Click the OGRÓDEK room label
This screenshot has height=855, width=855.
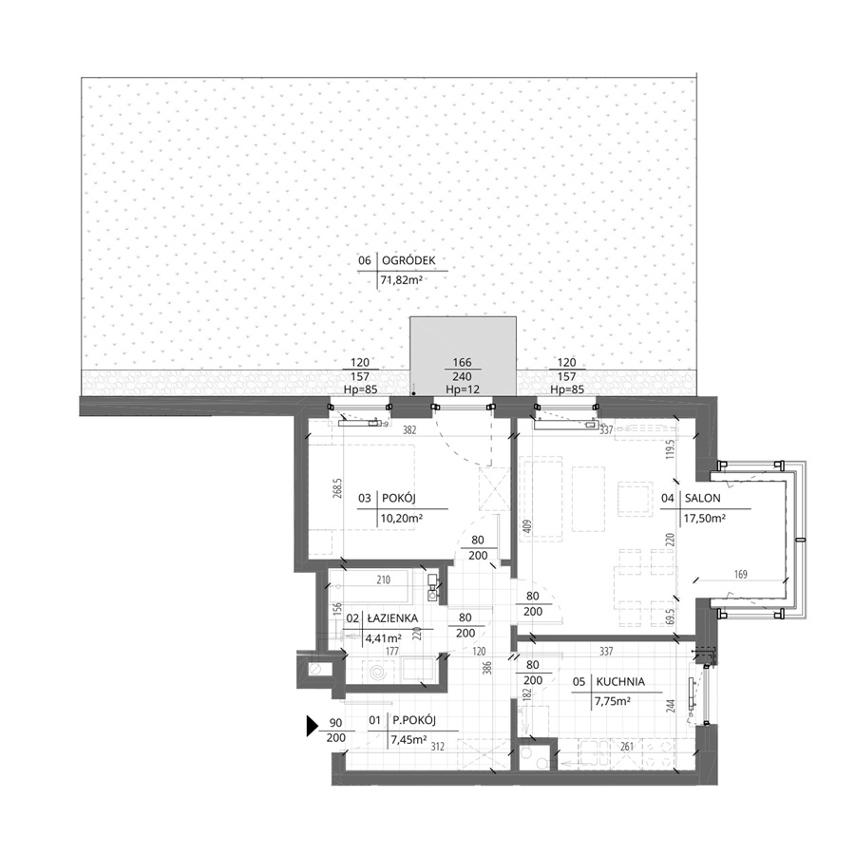click(x=408, y=260)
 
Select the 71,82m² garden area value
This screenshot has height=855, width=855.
click(x=402, y=281)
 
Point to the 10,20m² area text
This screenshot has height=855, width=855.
click(x=401, y=518)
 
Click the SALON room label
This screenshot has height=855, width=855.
click(x=702, y=498)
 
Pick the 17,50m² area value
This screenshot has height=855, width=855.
click(x=705, y=518)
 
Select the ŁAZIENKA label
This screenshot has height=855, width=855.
click(x=392, y=618)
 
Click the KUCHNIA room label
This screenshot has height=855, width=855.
click(x=620, y=681)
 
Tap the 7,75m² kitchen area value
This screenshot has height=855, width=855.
click(x=612, y=701)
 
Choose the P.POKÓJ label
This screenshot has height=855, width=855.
click(x=414, y=721)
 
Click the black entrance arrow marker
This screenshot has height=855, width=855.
click(x=313, y=727)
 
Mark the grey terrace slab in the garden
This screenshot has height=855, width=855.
click(x=463, y=356)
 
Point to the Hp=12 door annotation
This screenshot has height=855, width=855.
click(x=463, y=389)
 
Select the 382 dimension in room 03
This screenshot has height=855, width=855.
click(x=409, y=430)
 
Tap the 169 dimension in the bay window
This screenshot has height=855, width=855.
click(x=740, y=574)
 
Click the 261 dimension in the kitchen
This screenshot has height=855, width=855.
click(x=627, y=747)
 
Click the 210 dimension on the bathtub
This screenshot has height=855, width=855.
click(x=384, y=580)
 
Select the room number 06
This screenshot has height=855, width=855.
click(x=365, y=260)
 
